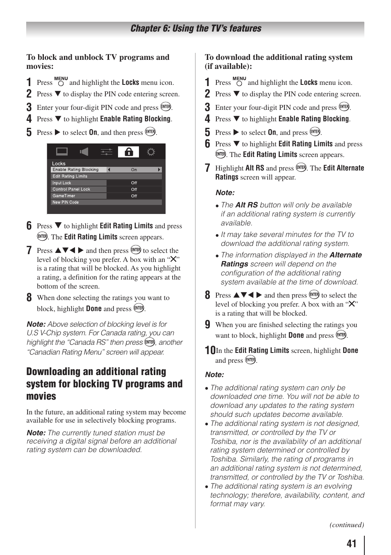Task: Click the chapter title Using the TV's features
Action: pos(195,28)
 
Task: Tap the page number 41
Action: pos(351,544)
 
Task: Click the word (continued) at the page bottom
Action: pos(346,525)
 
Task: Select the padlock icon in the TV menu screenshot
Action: pos(129,152)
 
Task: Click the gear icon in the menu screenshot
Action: pos(151,152)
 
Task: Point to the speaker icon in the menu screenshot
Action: pos(84,152)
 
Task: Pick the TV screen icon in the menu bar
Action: pos(62,152)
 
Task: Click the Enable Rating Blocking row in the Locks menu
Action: pos(78,170)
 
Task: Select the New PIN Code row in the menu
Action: pos(66,202)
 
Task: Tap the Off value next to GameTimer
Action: pos(134,196)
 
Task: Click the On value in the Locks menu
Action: pos(134,170)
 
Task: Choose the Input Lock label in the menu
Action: pos(62,183)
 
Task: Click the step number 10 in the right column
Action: pos(210,350)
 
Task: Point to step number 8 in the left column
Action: pos(29,298)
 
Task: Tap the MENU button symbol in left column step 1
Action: pos(61,81)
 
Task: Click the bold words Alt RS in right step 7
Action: pos(255,168)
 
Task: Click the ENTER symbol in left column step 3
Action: pos(166,107)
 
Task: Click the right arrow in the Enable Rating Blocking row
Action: pos(159,170)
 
